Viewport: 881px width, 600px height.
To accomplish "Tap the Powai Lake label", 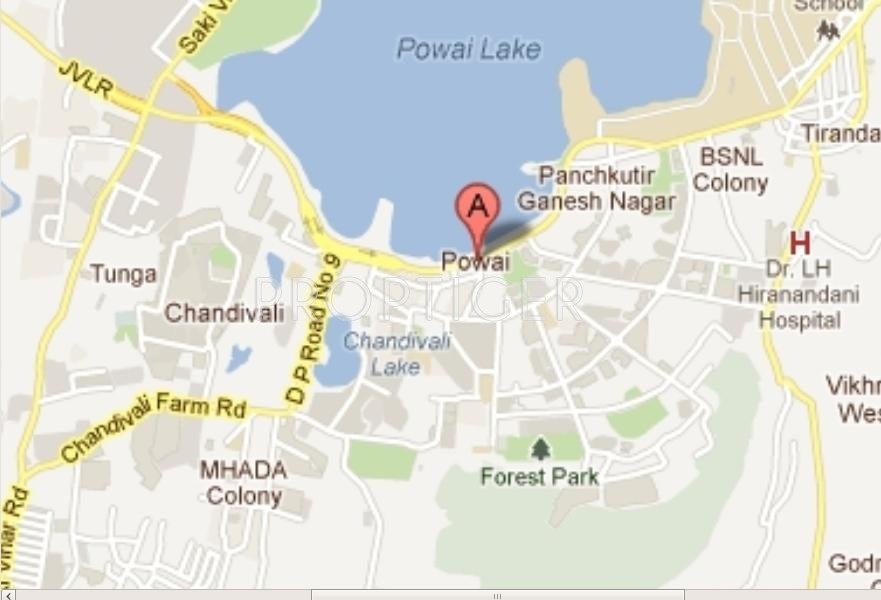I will pyautogui.click(x=468, y=48).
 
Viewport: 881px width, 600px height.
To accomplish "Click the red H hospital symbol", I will pyautogui.click(x=799, y=243).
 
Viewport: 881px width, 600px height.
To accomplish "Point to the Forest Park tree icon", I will pyautogui.click(x=541, y=449).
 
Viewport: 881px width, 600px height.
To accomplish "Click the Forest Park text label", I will pyautogui.click(x=539, y=476).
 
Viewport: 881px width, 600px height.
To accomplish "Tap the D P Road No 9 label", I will pyautogui.click(x=313, y=329).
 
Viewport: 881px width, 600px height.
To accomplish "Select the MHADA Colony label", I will pyautogui.click(x=243, y=482).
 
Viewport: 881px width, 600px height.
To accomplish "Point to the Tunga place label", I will pyautogui.click(x=123, y=273).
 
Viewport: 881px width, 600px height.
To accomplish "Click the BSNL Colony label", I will pyautogui.click(x=731, y=170).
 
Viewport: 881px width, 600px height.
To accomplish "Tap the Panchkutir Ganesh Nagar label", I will pyautogui.click(x=597, y=188).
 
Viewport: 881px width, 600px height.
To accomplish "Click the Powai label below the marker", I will pyautogui.click(x=475, y=262).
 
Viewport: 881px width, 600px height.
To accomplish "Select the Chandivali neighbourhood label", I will pyautogui.click(x=224, y=312).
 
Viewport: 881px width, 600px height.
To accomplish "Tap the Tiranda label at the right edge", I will pyautogui.click(x=840, y=133).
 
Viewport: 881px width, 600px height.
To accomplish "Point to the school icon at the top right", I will pyautogui.click(x=828, y=31).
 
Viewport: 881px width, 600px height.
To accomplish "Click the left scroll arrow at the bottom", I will pyautogui.click(x=8, y=595).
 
